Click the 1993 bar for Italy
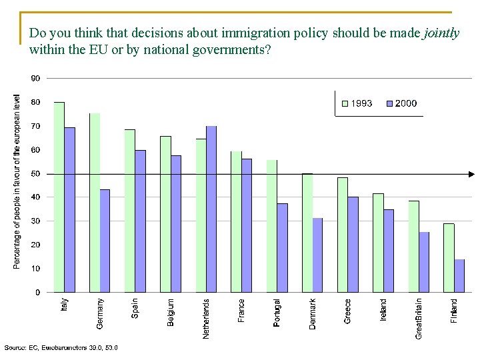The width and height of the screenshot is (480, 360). pos(59,197)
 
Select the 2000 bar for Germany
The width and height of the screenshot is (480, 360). pos(105,241)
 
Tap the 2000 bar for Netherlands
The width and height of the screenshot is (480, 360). pos(211,209)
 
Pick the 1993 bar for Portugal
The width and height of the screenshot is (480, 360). pos(272,226)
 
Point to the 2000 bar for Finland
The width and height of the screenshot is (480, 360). pos(459,276)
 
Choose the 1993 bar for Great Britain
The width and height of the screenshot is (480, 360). pos(414,247)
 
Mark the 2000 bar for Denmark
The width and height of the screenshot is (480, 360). pos(317,255)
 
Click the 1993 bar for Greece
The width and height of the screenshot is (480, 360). pos(343,235)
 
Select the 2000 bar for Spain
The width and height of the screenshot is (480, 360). pos(141,221)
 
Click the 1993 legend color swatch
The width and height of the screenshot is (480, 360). pos(345,104)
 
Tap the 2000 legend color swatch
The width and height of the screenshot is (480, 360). pos(390,104)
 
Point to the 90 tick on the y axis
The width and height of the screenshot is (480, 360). pos(35,79)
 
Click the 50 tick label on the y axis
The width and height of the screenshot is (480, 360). pos(35,174)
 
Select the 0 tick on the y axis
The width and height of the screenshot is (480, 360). pos(37,293)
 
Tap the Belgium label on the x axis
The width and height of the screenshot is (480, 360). pos(171,313)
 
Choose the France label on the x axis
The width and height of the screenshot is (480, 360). pos(241,311)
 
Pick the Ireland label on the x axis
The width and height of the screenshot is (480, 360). pos(383,310)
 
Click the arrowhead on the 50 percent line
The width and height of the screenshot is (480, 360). pos(472,174)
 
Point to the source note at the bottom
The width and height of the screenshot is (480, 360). pos(61,348)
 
